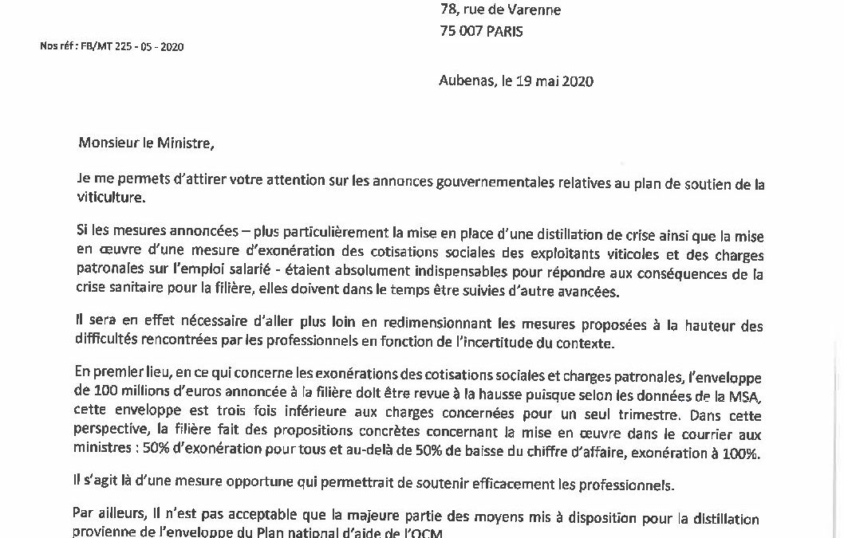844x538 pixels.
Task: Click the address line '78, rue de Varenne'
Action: click(x=499, y=10)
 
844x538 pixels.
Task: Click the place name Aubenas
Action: click(x=467, y=81)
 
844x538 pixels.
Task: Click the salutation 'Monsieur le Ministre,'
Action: click(x=146, y=143)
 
